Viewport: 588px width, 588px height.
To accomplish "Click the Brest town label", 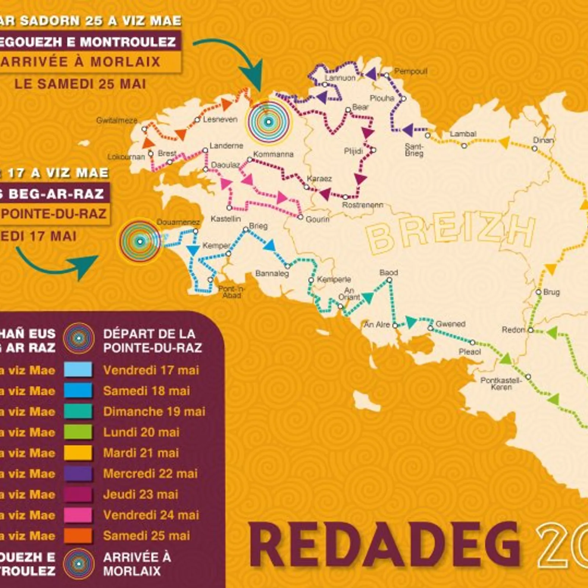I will [x=167, y=153].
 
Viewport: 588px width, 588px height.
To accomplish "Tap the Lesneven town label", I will [x=220, y=119].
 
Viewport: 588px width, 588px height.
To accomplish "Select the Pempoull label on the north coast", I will [x=410, y=71].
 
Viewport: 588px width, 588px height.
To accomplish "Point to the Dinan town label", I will [x=543, y=140].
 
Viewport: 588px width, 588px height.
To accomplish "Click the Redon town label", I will [x=513, y=330].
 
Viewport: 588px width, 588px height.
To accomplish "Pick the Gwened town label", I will [x=450, y=324].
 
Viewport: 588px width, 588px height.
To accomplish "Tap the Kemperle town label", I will [x=334, y=279].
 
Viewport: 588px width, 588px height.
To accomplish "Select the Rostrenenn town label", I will [x=362, y=205].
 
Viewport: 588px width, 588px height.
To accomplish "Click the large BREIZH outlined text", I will [x=450, y=234].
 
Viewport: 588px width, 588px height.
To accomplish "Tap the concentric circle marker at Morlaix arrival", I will [x=269, y=122].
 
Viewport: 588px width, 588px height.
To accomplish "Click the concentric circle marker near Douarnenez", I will [x=140, y=241].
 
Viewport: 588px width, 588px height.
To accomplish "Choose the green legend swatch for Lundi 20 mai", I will [x=78, y=432].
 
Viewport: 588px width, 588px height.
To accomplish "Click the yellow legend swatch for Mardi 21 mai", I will [x=78, y=453].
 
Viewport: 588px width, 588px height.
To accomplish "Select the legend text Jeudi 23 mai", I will [x=140, y=494].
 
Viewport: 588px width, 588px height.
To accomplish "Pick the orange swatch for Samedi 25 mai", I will [x=78, y=536].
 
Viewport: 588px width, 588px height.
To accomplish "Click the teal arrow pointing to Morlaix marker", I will [x=235, y=59].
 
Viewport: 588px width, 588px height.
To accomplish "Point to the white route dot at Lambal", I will [x=464, y=146].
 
